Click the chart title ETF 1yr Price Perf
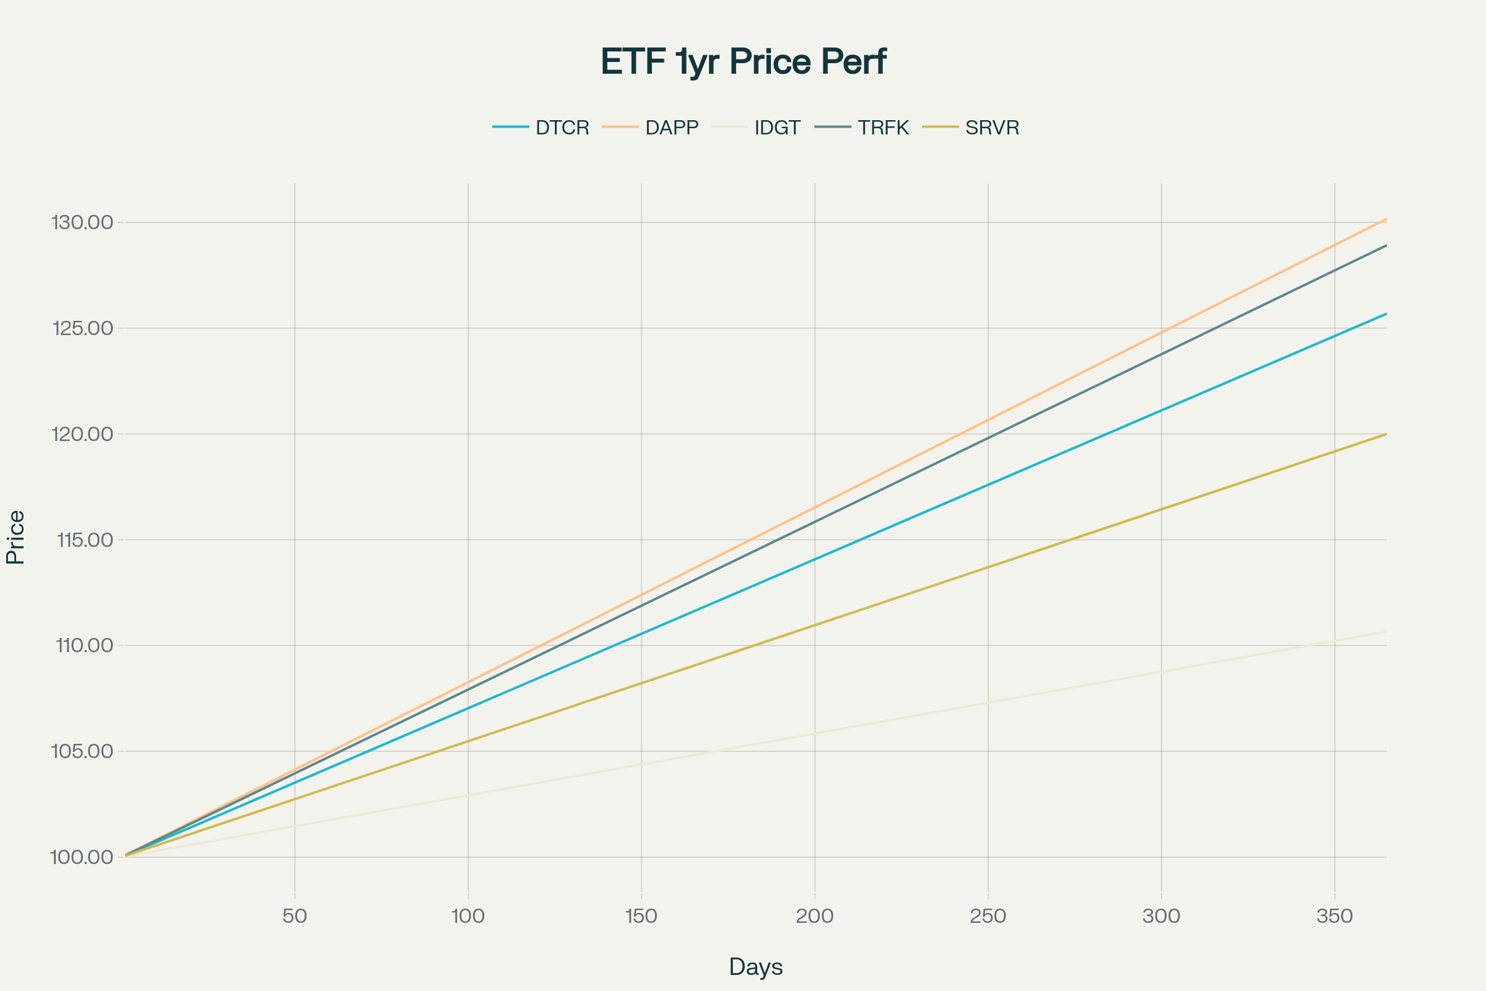pyautogui.click(x=743, y=62)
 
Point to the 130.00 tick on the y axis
pyautogui.click(x=82, y=222)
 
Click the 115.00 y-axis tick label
pyautogui.click(x=85, y=539)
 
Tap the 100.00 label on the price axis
pyautogui.click(x=82, y=857)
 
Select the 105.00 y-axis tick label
pyautogui.click(x=82, y=751)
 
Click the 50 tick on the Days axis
pyautogui.click(x=295, y=916)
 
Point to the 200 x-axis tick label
pyautogui.click(x=814, y=916)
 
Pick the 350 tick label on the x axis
pyautogui.click(x=1334, y=916)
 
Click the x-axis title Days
pyautogui.click(x=755, y=966)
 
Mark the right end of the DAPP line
pyautogui.click(x=1386, y=219)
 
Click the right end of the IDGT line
pyautogui.click(x=1386, y=632)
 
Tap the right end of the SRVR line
pyautogui.click(x=1386, y=434)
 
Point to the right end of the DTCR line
pyautogui.click(x=1386, y=313)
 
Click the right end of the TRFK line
pyautogui.click(x=1386, y=245)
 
